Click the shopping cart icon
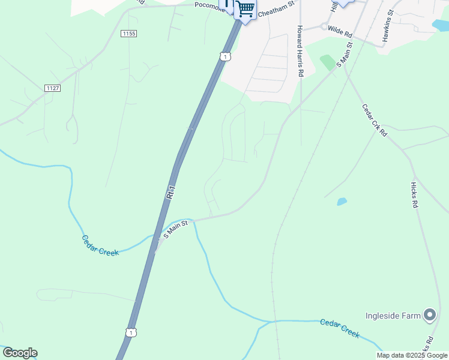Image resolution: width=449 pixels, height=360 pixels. tap(245, 10)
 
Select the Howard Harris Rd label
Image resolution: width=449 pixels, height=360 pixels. tap(301, 51)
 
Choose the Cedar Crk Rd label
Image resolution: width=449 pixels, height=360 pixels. tap(374, 120)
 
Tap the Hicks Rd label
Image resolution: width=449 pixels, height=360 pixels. tap(414, 195)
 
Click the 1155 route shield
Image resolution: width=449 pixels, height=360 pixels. tap(128, 34)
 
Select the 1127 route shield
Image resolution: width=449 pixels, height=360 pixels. tap(52, 88)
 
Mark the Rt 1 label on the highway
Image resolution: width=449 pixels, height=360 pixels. tap(171, 192)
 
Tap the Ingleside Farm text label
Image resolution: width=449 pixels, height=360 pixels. tap(393, 316)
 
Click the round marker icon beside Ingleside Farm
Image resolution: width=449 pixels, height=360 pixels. tap(430, 314)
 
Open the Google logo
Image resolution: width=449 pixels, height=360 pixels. tap(20, 353)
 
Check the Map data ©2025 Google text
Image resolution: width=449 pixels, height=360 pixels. tap(412, 355)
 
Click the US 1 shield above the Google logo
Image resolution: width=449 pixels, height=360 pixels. tap(131, 332)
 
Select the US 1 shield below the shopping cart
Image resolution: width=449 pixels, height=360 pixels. tap(224, 56)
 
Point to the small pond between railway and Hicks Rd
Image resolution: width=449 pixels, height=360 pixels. tap(342, 202)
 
